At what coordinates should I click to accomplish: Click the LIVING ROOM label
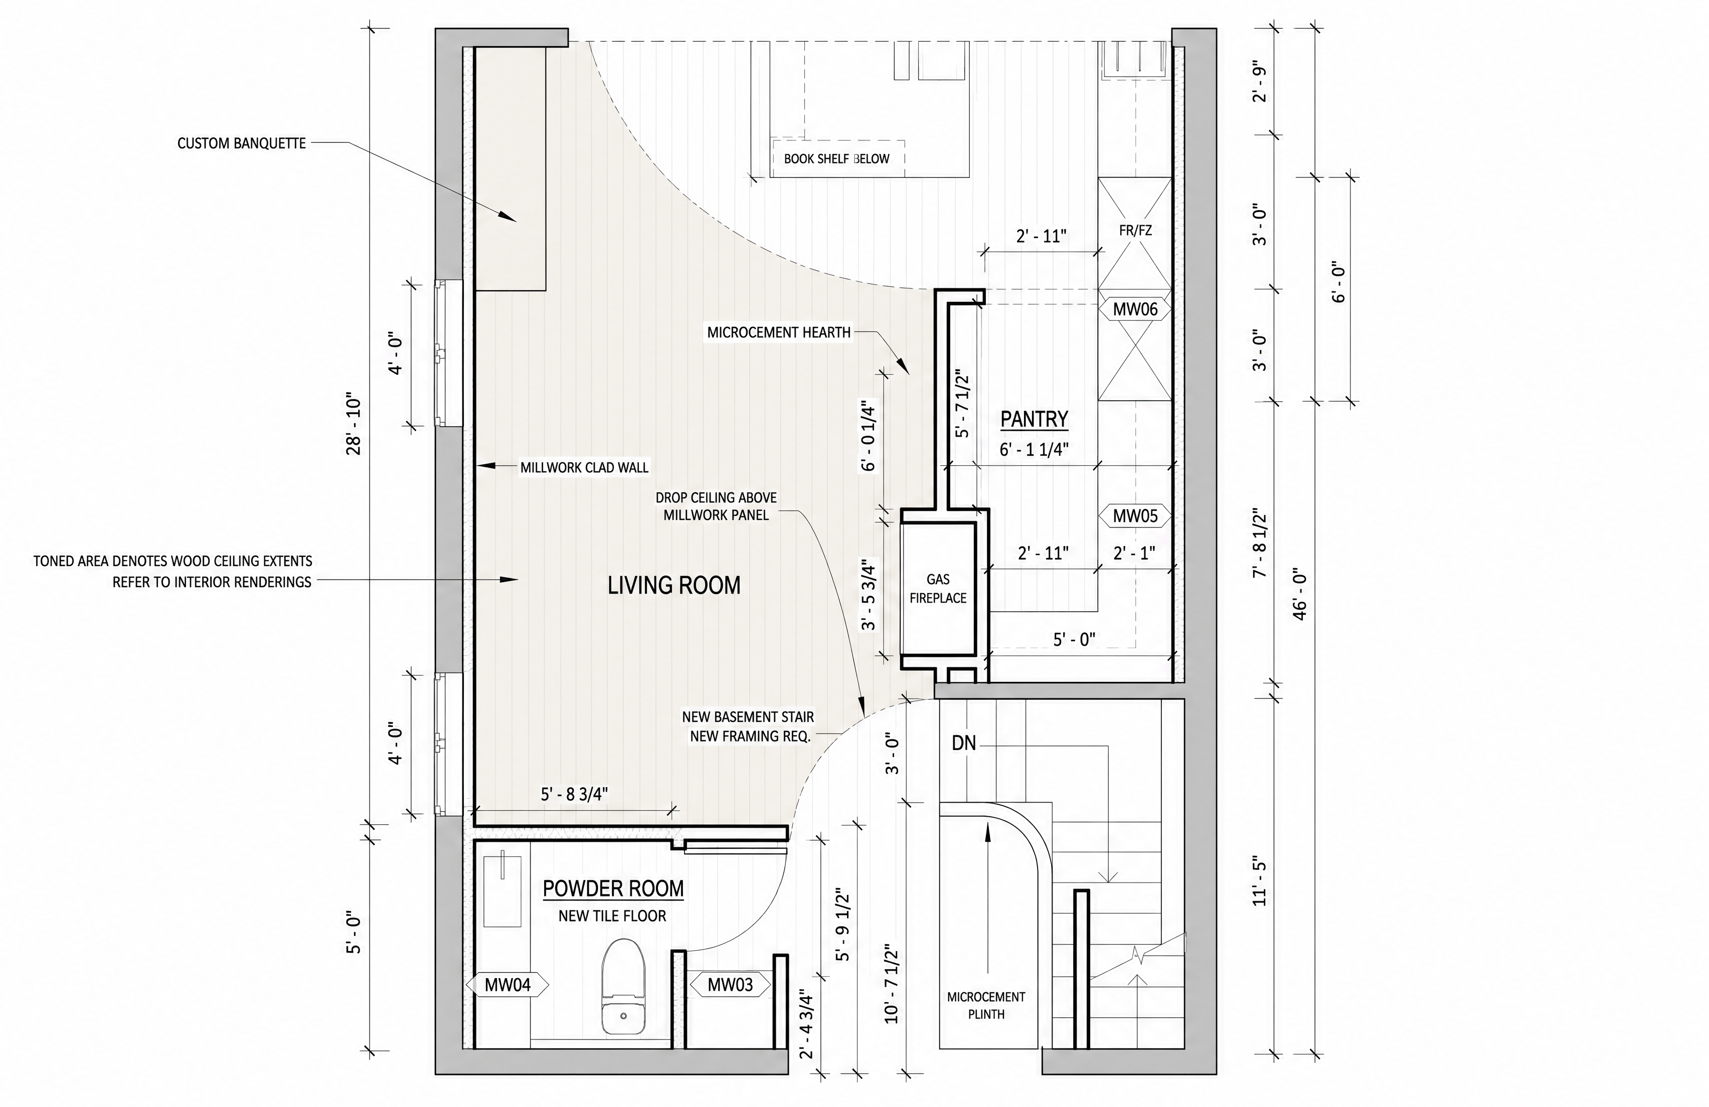(673, 585)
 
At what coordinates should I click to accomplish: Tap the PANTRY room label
(1034, 419)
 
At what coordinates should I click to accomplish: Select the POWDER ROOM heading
(612, 889)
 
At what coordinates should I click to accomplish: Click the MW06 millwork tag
(1135, 309)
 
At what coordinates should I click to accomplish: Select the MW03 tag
(730, 984)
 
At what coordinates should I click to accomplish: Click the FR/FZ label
(1135, 231)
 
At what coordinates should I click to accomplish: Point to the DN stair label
(964, 744)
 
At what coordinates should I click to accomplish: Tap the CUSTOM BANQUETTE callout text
(241, 143)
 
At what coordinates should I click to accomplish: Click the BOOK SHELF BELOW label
(836, 158)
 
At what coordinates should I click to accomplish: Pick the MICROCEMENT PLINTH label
(986, 1005)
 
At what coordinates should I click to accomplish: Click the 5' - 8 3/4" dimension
(575, 794)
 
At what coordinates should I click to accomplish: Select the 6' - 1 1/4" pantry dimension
(1035, 449)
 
